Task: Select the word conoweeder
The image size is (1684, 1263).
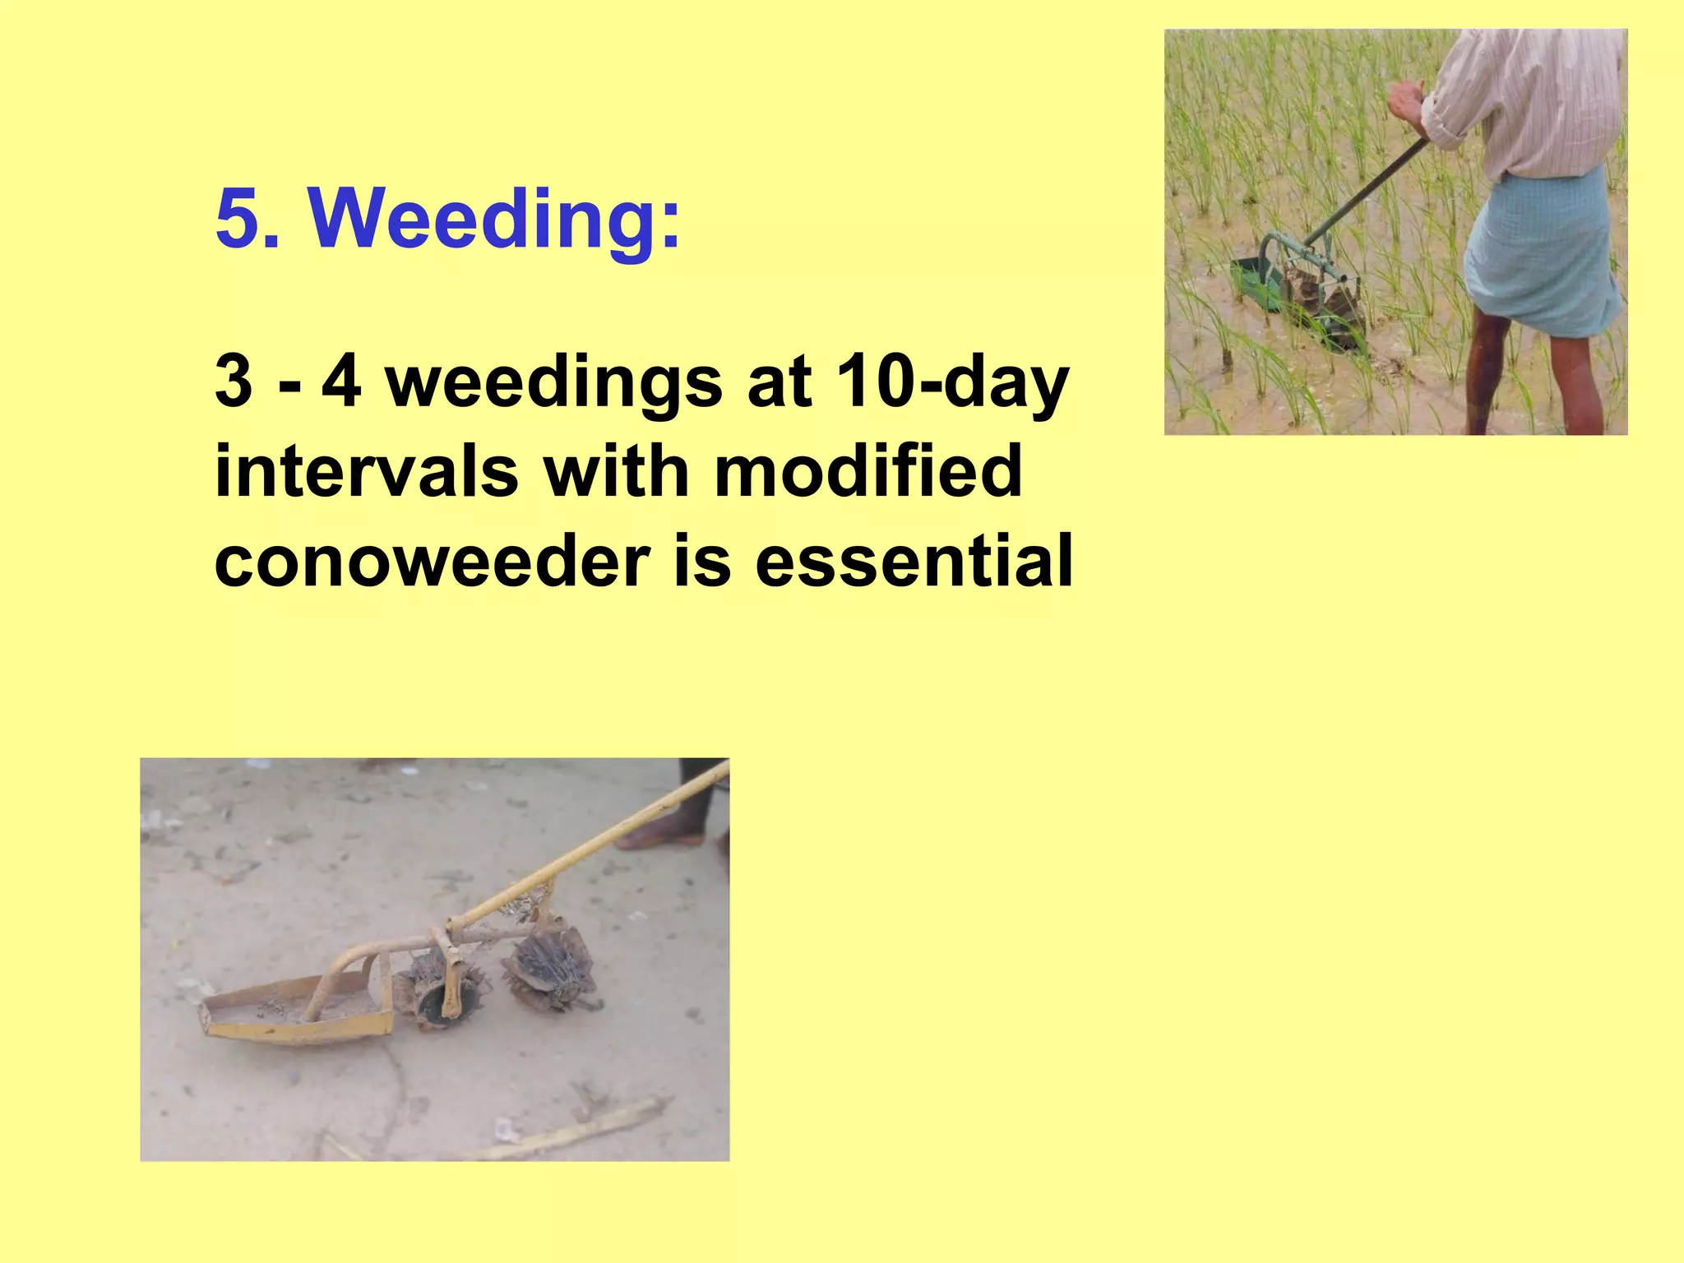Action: pos(432,561)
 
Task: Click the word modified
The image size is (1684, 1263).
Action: pos(867,472)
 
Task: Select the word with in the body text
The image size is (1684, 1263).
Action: pos(617,472)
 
